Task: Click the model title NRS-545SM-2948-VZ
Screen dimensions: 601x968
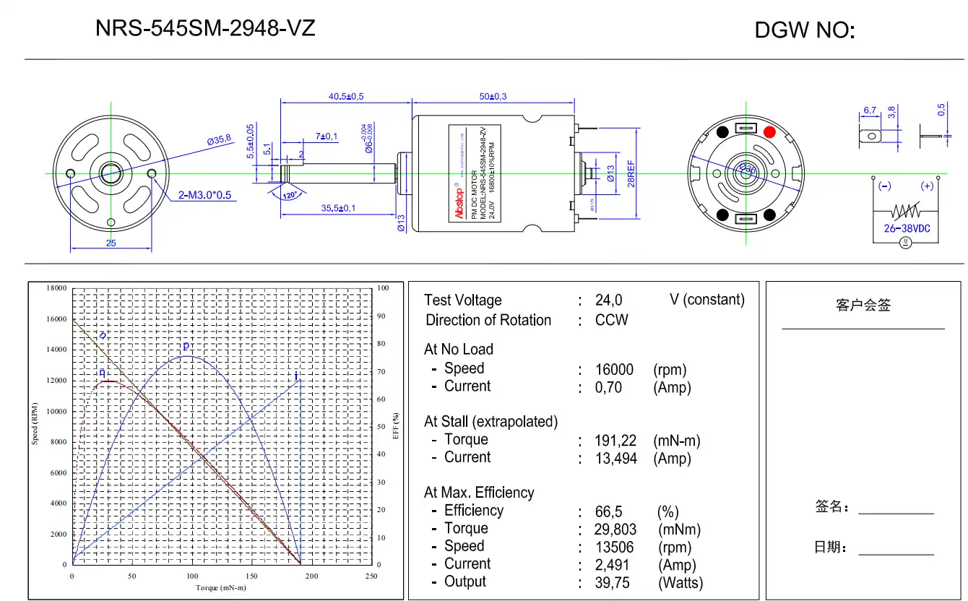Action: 205,28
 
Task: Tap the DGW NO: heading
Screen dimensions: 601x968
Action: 804,30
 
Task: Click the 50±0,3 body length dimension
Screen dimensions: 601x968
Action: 493,96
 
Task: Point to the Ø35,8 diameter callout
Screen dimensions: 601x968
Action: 218,140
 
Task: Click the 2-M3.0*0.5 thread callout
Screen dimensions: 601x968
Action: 204,195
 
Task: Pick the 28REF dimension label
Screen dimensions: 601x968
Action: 630,173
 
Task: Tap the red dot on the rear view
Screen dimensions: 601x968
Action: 769,132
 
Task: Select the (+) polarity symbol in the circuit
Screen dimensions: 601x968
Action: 927,186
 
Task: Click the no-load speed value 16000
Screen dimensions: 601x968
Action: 614,370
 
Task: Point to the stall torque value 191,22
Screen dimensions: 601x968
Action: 616,441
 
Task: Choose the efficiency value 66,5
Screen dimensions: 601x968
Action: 608,512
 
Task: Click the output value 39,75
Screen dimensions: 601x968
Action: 612,583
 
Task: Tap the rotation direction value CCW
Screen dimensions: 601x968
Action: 611,320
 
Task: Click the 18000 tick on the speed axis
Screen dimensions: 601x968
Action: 56,287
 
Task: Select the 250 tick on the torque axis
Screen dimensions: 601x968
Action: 371,576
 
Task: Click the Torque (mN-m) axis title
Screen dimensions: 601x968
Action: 221,588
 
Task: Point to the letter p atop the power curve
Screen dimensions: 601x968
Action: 186,345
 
